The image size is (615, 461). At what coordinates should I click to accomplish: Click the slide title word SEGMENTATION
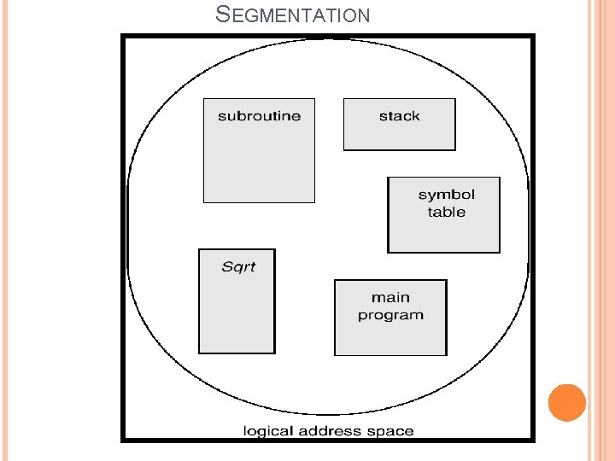pos(293,15)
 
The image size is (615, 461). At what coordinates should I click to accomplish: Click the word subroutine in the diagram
pos(259,116)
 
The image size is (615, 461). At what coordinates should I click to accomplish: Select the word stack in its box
pos(399,116)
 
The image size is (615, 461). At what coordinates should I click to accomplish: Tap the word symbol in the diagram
pos(446,195)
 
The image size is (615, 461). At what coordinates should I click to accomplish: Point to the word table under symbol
pos(446,212)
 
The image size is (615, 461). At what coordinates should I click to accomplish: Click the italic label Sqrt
pos(238,266)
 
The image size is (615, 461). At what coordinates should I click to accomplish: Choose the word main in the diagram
pos(390,298)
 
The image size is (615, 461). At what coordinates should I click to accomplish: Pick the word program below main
pos(390,316)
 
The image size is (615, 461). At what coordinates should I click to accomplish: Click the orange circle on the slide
pos(566,403)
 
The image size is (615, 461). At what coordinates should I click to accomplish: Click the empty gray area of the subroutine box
pos(259,166)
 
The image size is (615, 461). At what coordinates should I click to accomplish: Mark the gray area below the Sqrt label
pos(237,316)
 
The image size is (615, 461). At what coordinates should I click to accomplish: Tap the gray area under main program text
pos(390,339)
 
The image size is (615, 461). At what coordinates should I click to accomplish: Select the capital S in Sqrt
pos(226,266)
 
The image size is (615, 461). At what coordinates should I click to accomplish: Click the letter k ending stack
pos(416,116)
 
